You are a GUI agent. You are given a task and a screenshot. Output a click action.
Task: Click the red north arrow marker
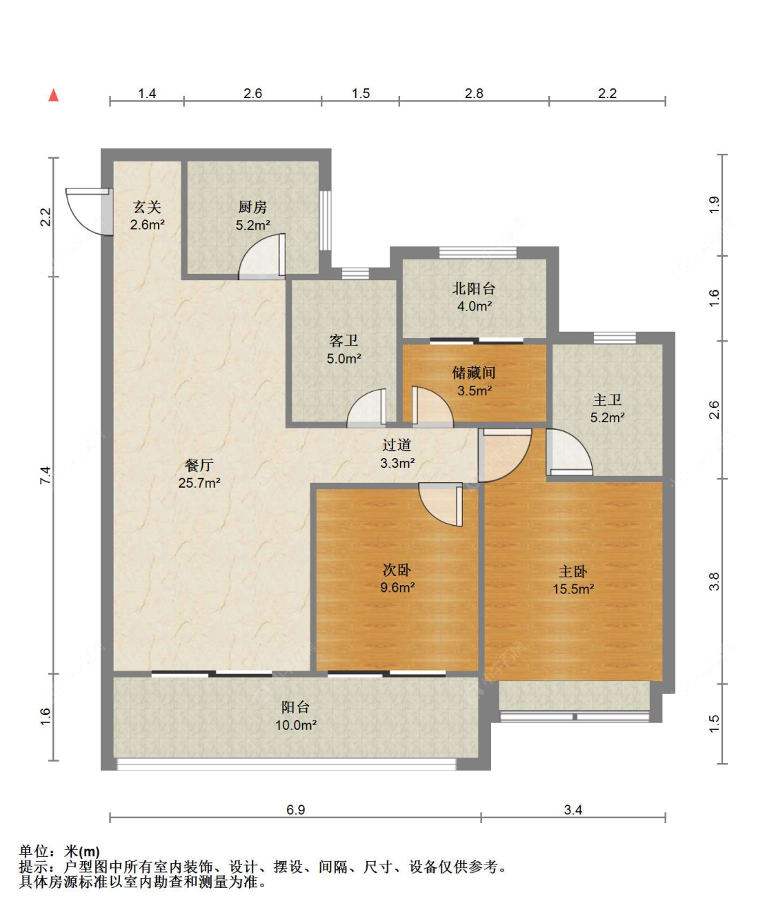[x=53, y=95]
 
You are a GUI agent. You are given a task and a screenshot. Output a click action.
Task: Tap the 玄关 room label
[x=148, y=207]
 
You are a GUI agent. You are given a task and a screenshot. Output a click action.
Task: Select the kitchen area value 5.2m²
[x=252, y=226]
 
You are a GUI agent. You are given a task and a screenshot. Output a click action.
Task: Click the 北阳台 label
[x=474, y=288]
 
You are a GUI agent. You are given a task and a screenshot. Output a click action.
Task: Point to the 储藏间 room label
[x=474, y=373]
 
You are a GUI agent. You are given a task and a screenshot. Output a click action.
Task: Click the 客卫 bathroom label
[x=344, y=341]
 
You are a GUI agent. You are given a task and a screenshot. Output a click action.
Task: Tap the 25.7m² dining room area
[x=199, y=483]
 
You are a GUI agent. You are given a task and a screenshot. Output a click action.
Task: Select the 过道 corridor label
[x=397, y=445]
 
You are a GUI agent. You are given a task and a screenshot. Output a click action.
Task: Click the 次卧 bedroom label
[x=397, y=570]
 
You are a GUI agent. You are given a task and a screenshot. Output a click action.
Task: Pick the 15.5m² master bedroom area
[x=573, y=589]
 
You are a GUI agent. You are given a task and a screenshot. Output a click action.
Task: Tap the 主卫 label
[x=608, y=399]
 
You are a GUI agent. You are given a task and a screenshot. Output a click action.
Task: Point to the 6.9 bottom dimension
[x=295, y=810]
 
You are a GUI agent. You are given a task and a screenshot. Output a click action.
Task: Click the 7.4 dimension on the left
[x=46, y=475]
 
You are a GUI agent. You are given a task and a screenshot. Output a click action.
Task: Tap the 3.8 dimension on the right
[x=714, y=581]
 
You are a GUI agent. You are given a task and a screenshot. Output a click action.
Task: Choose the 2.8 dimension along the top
[x=474, y=93]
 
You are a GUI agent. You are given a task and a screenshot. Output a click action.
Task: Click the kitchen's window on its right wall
[x=326, y=220]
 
